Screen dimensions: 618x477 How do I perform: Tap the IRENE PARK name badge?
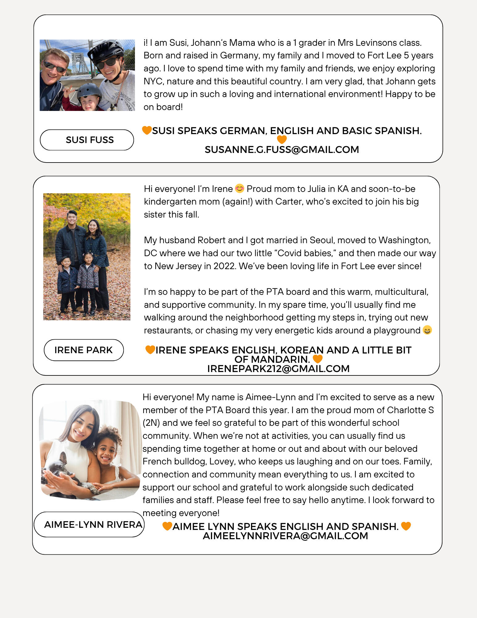point(84,350)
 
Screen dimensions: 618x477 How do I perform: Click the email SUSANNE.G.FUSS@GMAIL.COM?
point(282,150)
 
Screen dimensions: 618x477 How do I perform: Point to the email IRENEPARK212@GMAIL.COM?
point(278,369)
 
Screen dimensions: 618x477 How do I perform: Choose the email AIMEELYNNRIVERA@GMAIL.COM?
point(285,536)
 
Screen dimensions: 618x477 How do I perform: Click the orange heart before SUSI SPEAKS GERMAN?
point(147,130)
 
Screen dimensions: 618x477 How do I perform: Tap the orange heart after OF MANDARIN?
point(317,359)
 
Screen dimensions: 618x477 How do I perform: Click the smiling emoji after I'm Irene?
point(240,188)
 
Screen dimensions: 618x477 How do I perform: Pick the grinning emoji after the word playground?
point(427,330)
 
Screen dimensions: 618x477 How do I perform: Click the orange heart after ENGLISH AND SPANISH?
point(406,526)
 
